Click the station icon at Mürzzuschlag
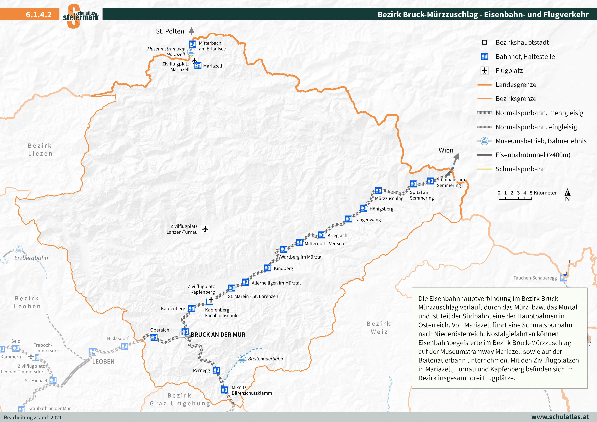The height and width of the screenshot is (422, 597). (378, 190)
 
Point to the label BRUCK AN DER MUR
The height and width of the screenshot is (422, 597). (218, 335)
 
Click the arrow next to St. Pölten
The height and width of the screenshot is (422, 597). (191, 31)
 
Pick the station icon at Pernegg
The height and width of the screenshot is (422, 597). (216, 370)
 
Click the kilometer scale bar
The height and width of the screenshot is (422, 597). (515, 199)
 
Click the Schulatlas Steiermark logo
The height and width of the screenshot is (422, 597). (81, 16)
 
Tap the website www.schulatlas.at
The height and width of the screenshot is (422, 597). (560, 417)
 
